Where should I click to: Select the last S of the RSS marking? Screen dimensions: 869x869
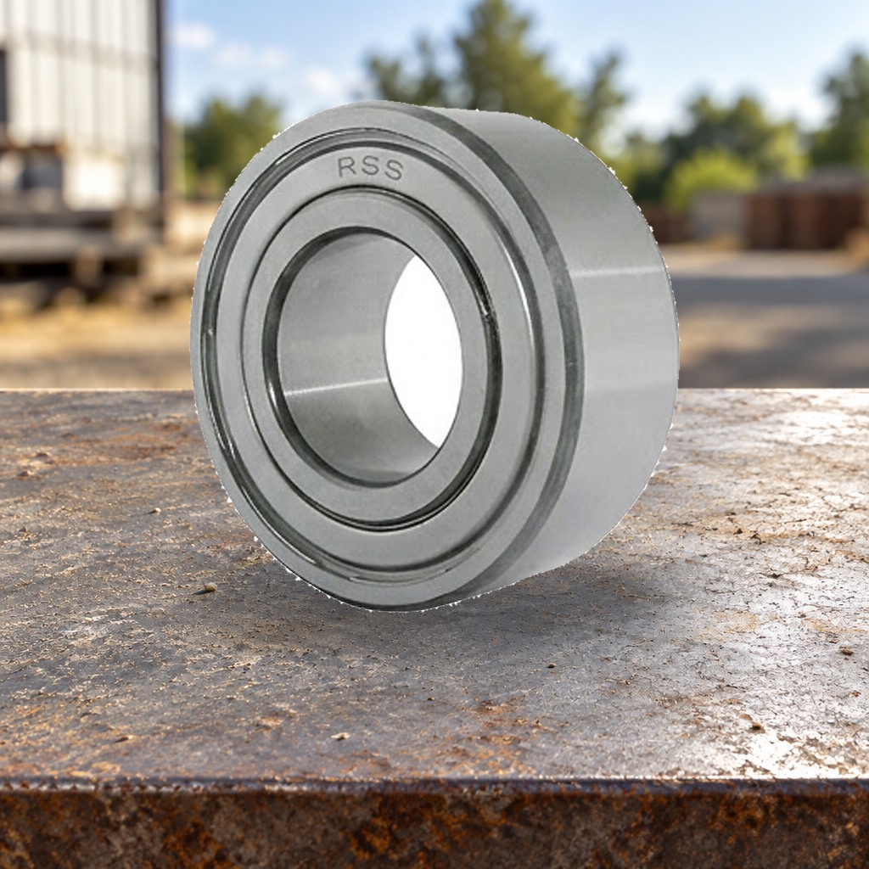[x=393, y=170]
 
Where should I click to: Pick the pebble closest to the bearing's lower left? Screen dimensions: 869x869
[x=210, y=586]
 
